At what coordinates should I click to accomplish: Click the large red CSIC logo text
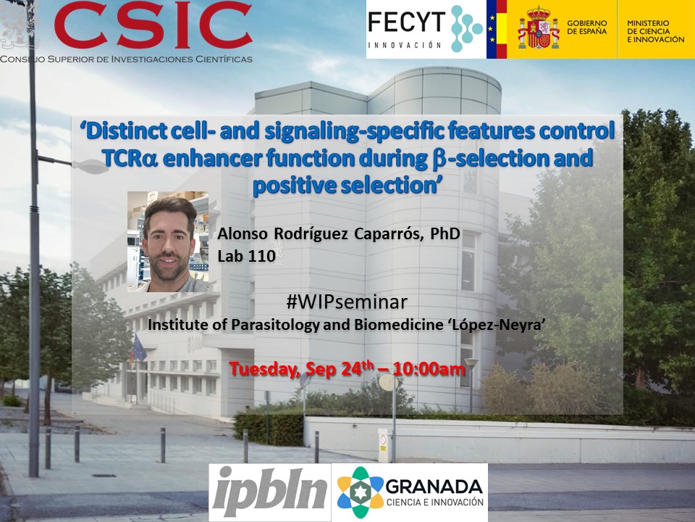153,25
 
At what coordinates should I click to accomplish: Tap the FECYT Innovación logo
426,29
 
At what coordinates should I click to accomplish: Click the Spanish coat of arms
538,29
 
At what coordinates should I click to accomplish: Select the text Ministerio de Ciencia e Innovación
656,31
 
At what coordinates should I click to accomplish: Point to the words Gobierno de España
587,27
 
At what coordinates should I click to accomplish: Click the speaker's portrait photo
168,241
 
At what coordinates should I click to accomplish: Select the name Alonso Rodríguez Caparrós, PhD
339,233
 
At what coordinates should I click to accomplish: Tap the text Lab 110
246,256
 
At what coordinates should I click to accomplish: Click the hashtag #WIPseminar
347,302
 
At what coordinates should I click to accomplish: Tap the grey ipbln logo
270,492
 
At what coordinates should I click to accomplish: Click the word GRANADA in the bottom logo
434,487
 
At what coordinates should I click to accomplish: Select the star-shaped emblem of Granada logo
360,492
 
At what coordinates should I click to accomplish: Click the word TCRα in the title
130,159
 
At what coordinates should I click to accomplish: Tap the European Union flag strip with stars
492,29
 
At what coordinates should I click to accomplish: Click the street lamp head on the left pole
90,167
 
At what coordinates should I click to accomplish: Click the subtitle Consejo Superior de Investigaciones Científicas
126,59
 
